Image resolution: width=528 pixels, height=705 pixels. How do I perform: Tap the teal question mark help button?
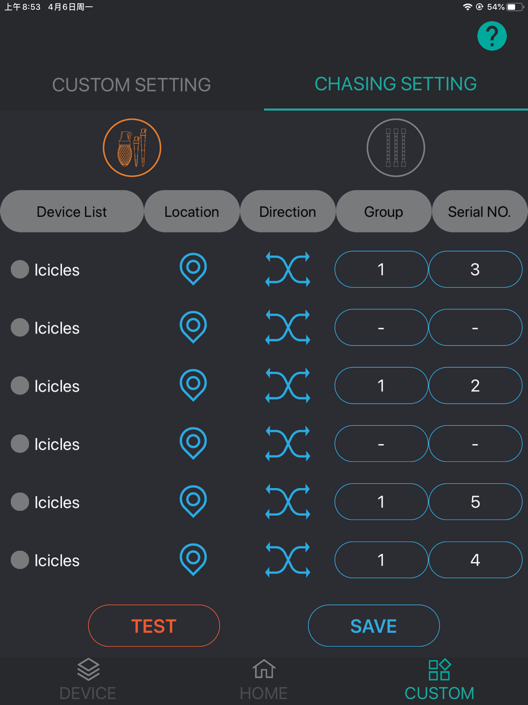click(x=492, y=36)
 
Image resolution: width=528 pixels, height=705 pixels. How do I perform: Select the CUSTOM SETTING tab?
click(x=131, y=85)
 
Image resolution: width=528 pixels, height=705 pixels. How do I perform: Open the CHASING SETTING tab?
click(x=395, y=84)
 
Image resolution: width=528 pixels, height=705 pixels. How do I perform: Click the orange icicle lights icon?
click(x=132, y=148)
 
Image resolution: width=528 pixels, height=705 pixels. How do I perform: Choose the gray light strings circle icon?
click(x=396, y=148)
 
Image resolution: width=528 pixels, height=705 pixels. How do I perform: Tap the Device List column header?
click(x=72, y=211)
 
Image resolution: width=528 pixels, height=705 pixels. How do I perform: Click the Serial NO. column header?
click(x=479, y=211)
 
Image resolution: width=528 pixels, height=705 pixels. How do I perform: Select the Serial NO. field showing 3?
click(x=475, y=269)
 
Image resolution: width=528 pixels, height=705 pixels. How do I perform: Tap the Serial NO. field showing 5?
click(x=475, y=502)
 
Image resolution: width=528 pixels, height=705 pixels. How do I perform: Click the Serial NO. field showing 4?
click(x=475, y=560)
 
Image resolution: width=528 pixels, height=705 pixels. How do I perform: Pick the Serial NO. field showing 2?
click(x=475, y=385)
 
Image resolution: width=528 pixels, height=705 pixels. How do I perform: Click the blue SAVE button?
click(x=374, y=626)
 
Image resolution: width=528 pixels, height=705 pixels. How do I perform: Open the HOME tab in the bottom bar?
click(x=263, y=679)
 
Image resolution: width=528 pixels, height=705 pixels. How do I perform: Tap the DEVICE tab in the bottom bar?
click(x=88, y=679)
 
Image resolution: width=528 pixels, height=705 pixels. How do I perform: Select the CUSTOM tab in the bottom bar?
click(x=439, y=679)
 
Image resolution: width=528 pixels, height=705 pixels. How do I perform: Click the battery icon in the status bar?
click(x=515, y=7)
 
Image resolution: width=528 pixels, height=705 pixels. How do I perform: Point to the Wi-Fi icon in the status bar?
click(x=468, y=7)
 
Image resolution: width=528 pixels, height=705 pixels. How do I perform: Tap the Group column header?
click(x=384, y=211)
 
